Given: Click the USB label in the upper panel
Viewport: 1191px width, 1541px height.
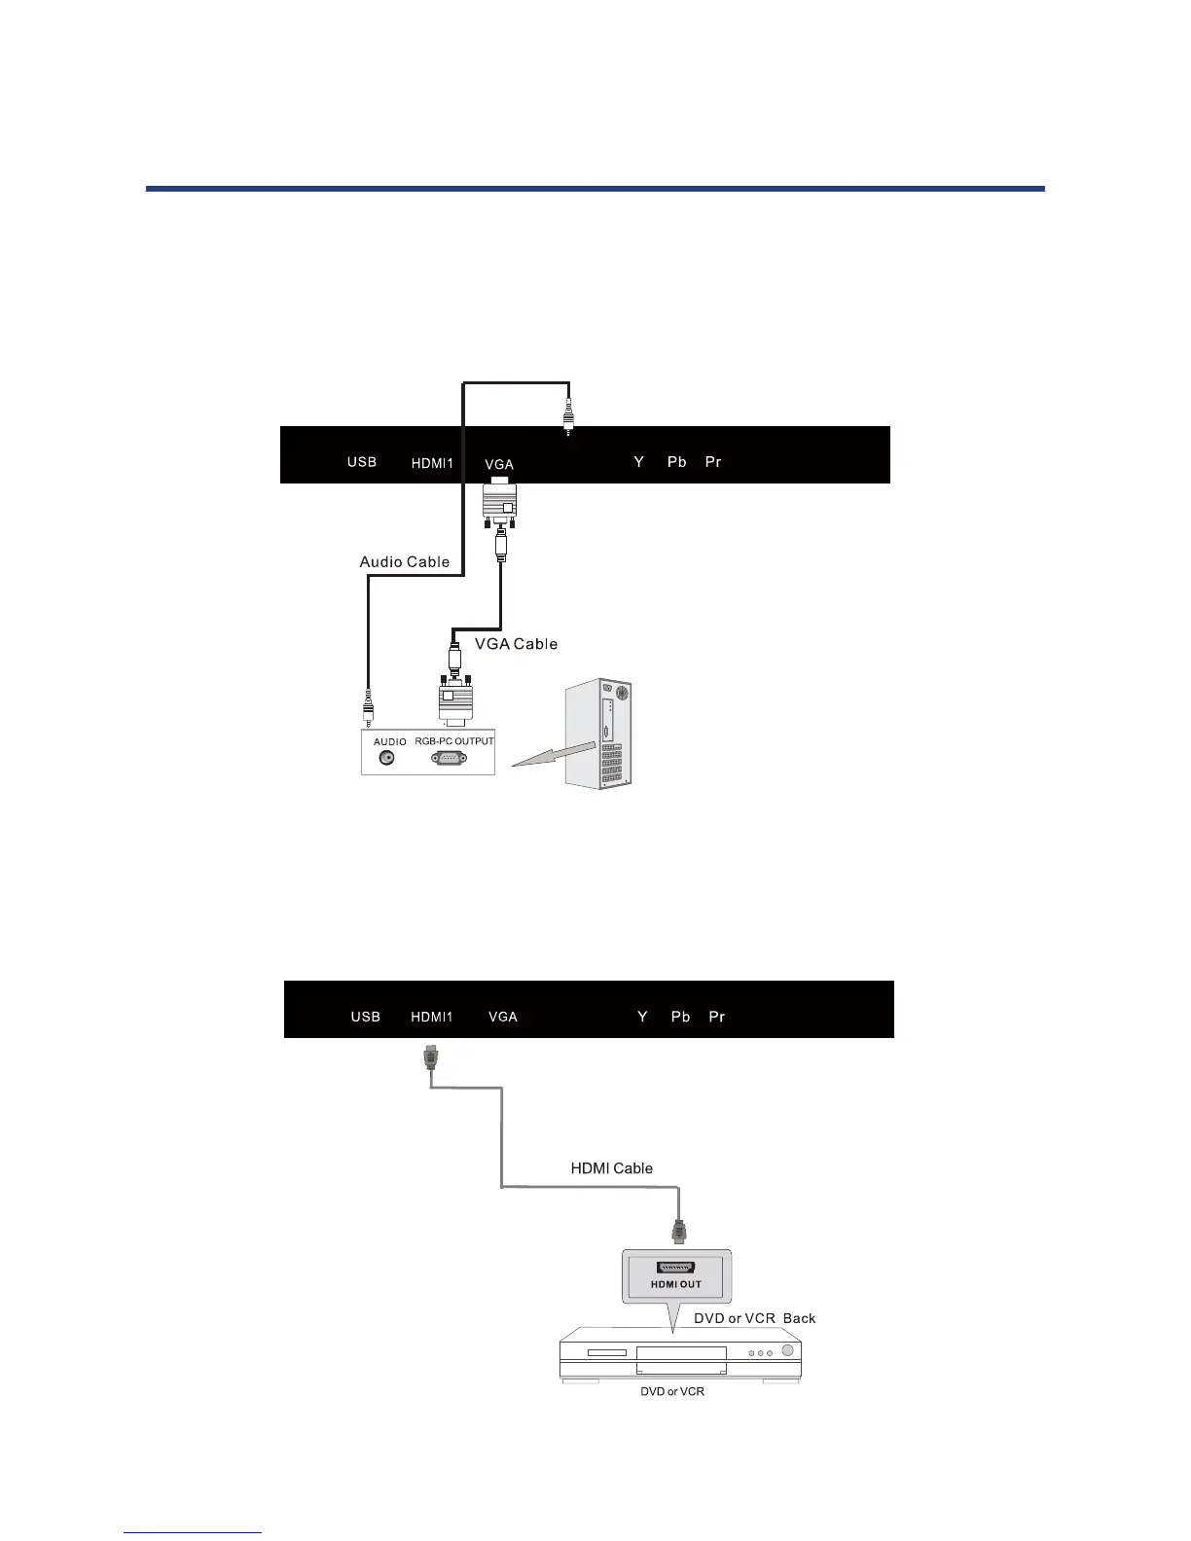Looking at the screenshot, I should (x=362, y=461).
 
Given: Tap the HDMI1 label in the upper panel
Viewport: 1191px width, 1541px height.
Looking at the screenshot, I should (x=432, y=463).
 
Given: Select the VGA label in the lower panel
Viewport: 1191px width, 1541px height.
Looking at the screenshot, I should (x=503, y=1017).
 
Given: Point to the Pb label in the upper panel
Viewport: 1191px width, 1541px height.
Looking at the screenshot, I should (x=677, y=461).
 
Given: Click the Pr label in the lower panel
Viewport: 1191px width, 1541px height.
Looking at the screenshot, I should (x=717, y=1017).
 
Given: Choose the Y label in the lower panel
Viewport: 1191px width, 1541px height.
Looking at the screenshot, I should (x=642, y=1017).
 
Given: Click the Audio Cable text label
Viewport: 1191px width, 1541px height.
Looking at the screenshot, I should (x=405, y=561).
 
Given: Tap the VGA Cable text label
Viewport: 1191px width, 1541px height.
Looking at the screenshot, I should (x=516, y=643).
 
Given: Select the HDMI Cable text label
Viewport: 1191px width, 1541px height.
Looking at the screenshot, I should (x=611, y=1168).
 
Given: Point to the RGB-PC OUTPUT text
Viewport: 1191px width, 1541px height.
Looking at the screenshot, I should (x=454, y=741).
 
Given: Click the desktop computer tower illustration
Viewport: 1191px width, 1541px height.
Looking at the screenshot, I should (x=597, y=734).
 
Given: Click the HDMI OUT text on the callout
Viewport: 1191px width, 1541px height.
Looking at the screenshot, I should (x=676, y=1284).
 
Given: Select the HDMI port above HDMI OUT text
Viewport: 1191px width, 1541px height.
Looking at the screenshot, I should (x=676, y=1268).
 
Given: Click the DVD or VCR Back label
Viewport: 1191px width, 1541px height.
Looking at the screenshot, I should (x=754, y=1318).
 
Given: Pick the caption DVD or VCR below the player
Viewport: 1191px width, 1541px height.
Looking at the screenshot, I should (x=672, y=1391).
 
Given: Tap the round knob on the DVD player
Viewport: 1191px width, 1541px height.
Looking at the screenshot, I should (x=786, y=1350).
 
